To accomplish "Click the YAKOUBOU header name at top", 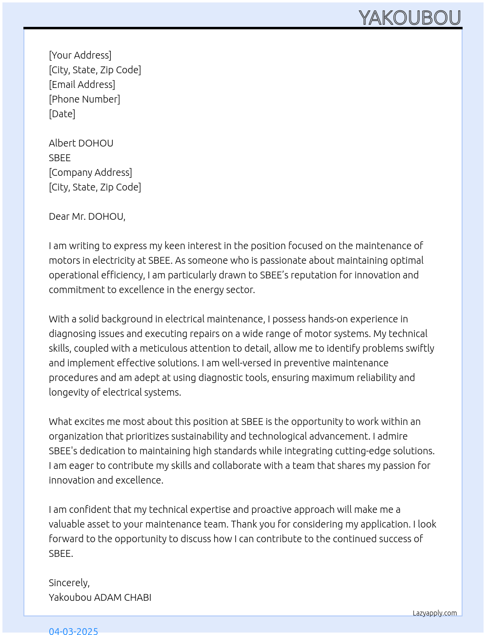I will pyautogui.click(x=409, y=18).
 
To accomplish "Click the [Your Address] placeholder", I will pyautogui.click(x=80, y=55).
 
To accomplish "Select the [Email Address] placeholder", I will pyautogui.click(x=82, y=85).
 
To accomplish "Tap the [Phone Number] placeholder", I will pyautogui.click(x=84, y=99).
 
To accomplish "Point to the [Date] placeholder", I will pyautogui.click(x=62, y=114).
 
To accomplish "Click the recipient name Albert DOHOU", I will pyautogui.click(x=81, y=143).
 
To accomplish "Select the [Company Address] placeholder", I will pyautogui.click(x=90, y=172).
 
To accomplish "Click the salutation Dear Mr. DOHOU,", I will pyautogui.click(x=87, y=216).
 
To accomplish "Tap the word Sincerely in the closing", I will pyautogui.click(x=68, y=583).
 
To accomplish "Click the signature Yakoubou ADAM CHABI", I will pyautogui.click(x=100, y=597).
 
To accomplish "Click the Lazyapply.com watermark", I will pyautogui.click(x=435, y=613).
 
